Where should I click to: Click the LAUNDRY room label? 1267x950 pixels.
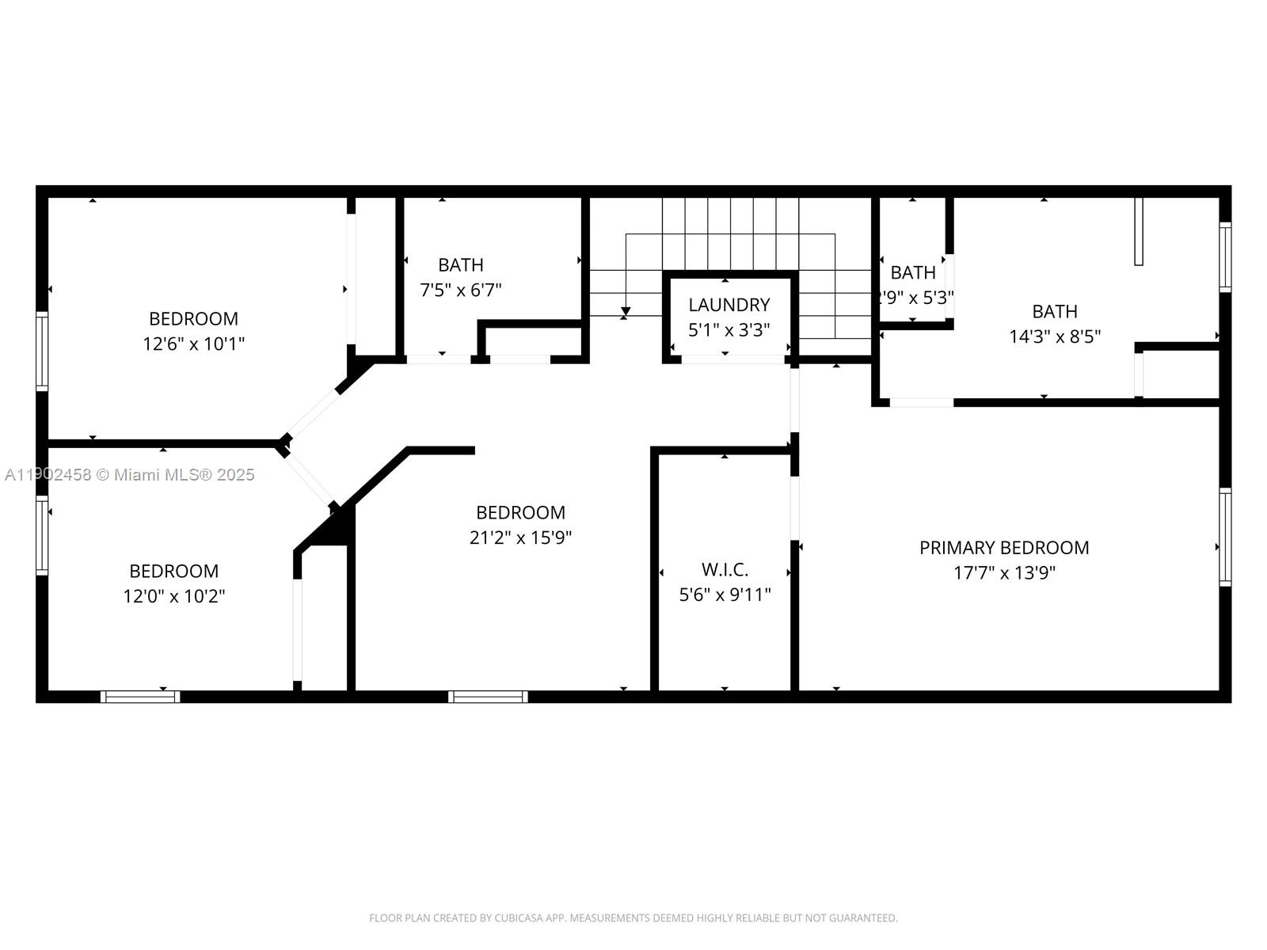point(729,305)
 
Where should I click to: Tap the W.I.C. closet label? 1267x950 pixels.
point(725,569)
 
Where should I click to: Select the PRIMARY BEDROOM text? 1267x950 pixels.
point(1004,547)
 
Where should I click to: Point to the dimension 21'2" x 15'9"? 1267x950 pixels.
point(520,538)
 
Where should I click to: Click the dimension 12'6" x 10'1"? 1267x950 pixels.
point(193,344)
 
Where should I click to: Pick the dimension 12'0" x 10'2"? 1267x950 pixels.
point(174,596)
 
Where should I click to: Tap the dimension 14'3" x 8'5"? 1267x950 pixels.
point(1055,336)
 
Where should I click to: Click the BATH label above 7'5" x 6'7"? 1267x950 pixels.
point(460,264)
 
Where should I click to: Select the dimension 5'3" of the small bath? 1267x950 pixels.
point(934,298)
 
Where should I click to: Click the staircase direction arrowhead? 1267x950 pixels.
point(626,311)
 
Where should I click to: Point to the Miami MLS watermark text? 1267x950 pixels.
point(130,474)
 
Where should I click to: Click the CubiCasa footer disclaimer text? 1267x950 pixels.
point(633,918)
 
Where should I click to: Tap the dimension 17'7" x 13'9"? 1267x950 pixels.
point(1004,572)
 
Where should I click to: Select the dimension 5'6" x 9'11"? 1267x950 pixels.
point(725,595)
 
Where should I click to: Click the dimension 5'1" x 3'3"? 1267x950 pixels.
point(729,330)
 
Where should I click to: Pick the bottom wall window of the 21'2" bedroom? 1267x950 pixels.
point(488,697)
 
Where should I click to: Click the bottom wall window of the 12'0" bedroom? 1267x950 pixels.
point(140,697)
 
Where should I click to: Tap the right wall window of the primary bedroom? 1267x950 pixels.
point(1225,537)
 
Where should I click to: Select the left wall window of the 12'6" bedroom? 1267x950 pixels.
point(42,351)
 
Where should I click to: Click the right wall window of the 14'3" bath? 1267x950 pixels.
point(1225,257)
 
